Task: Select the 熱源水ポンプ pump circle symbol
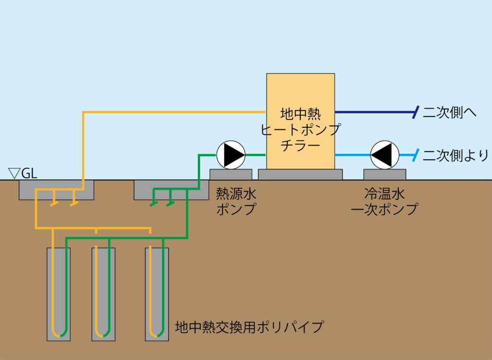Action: click(231, 155)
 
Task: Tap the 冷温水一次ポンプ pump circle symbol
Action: click(384, 155)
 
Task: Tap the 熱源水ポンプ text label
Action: click(235, 202)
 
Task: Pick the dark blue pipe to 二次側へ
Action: click(375, 112)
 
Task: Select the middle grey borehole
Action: click(103, 293)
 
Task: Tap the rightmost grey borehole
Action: click(157, 293)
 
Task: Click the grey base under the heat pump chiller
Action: click(300, 174)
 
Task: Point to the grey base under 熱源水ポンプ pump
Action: click(231, 174)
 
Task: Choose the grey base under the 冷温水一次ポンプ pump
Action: click(384, 174)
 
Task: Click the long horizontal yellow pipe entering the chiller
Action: click(173, 112)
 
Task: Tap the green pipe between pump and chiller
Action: click(256, 155)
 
